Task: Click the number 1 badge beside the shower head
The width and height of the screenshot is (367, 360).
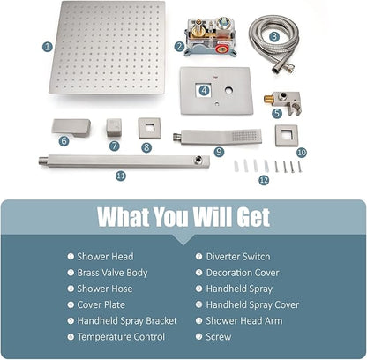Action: [48, 47]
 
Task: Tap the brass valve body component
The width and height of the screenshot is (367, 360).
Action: [210, 37]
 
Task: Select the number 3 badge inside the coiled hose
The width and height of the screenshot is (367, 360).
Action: [274, 36]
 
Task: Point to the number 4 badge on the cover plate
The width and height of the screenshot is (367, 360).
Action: [204, 90]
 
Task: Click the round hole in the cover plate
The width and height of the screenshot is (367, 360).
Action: [228, 90]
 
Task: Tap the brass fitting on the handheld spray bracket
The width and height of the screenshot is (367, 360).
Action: [268, 100]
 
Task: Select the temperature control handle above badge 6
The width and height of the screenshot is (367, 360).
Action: [71, 127]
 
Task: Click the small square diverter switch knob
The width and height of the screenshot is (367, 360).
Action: [114, 127]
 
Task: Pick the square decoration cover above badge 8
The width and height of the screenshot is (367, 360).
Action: [150, 128]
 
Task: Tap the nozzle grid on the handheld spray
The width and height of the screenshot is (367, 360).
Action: [244, 136]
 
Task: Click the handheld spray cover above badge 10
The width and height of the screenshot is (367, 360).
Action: [286, 136]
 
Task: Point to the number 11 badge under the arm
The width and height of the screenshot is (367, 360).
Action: [121, 176]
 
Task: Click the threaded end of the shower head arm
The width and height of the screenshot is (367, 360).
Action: [43, 161]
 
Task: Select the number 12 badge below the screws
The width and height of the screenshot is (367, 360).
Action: [264, 180]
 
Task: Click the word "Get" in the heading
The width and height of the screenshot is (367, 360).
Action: [253, 217]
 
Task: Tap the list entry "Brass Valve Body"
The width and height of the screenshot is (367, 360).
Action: [112, 273]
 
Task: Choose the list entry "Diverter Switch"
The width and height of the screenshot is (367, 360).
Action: [238, 257]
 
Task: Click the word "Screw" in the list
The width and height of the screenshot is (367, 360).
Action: [219, 337]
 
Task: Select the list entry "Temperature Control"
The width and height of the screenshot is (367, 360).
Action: [121, 337]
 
